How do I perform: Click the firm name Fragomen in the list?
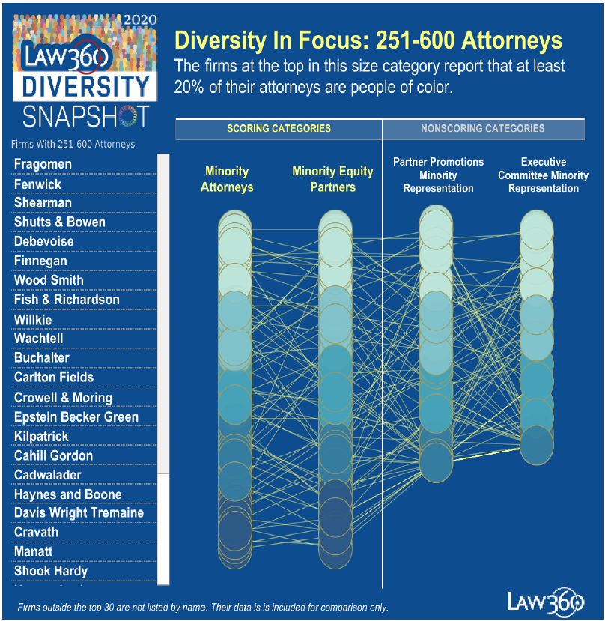43,164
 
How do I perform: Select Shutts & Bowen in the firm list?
59,222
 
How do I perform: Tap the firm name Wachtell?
38,339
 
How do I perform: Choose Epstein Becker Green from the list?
76,416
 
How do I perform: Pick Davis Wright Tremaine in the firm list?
79,513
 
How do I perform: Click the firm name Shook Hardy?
50,571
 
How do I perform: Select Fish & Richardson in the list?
67,300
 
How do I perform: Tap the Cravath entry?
36,533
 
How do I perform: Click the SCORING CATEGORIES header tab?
279,129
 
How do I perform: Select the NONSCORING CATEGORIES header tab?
483,129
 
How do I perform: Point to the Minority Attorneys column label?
227,179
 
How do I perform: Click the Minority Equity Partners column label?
332,179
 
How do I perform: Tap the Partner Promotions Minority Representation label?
438,175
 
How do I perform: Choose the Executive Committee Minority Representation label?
543,175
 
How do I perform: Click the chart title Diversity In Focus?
368,40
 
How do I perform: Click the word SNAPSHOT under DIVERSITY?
85,116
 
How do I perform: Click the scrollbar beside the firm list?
164,315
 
